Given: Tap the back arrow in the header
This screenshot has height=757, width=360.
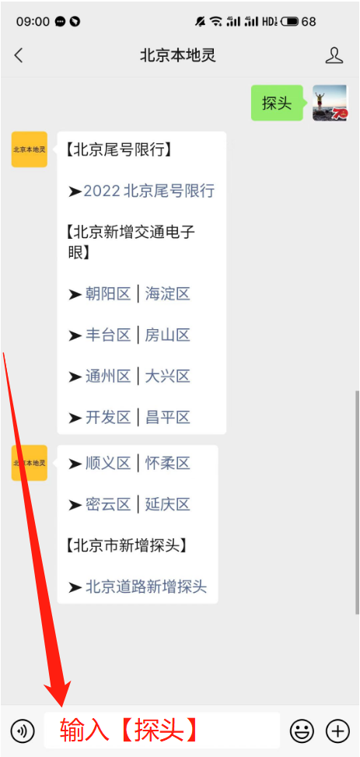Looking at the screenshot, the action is pos(19,55).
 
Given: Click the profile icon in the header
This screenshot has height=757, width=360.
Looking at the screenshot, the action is pos(334,55).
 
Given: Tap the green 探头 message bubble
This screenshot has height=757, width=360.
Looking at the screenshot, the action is pos(277,103).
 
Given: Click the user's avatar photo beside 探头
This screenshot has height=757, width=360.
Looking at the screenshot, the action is pos(330,103).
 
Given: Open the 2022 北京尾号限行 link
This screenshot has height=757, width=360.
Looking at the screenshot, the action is pos(149,191).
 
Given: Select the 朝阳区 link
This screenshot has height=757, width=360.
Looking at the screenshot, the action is pos(108,293).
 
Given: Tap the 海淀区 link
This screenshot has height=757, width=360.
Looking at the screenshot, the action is pos(167,293).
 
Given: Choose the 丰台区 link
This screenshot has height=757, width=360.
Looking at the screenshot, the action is pos(108,335).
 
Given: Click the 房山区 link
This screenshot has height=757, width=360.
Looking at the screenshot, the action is pos(167,335).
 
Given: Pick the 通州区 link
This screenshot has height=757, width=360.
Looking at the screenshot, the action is pos(108,376).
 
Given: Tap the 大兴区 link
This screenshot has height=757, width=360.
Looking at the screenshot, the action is pos(167,376).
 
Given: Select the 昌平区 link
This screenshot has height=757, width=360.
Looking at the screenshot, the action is pos(167,417).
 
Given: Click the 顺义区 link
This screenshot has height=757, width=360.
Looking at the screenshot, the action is pos(108,464).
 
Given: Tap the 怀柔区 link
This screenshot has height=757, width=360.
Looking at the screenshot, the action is pos(167,464).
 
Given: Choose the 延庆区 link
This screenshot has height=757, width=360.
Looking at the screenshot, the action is pos(167,504).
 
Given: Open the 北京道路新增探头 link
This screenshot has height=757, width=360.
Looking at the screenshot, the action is pos(146,587).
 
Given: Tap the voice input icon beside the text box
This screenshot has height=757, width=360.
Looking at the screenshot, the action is pos(23,731).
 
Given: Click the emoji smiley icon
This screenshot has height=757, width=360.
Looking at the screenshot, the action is pos(302,731).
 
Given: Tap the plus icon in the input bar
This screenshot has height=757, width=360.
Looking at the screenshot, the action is pos(337,731).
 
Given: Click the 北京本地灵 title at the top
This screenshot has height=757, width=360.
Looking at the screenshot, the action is pos(177,55).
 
